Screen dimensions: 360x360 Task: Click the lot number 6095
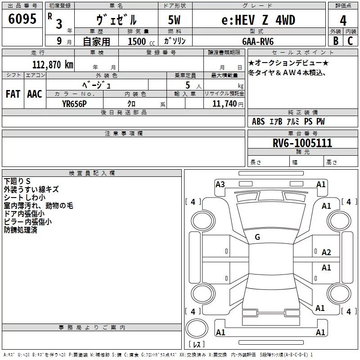point(22,19)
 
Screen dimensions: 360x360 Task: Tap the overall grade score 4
point(343,20)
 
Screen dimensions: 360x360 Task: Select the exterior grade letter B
point(336,41)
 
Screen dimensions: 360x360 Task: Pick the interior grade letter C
point(350,41)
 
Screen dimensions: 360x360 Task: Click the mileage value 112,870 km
point(53,65)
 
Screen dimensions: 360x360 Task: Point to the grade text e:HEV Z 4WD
point(258,20)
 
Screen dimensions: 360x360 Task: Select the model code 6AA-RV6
point(258,41)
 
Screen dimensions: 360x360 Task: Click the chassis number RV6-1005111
point(302,143)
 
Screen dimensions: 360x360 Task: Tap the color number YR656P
point(74,104)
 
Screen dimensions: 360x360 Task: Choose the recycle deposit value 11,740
point(224,104)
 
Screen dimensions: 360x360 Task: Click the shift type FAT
point(13,94)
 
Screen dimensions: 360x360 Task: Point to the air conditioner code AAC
point(35,94)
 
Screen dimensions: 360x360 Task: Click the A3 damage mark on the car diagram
point(220,184)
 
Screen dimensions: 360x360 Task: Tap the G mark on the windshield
point(257,237)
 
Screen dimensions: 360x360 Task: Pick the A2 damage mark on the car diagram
point(326,252)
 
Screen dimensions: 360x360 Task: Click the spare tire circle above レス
point(197,328)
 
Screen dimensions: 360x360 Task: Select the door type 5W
point(174,20)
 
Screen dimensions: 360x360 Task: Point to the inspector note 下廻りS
point(17,181)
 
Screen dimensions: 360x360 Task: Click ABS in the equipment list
point(258,121)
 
